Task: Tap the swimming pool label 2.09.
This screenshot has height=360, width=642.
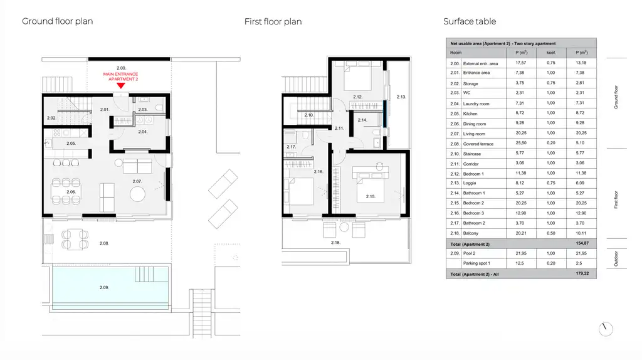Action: pos(104,287)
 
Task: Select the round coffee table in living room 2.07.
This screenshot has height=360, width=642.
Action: pos(137,194)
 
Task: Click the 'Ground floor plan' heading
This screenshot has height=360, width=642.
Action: pos(58,21)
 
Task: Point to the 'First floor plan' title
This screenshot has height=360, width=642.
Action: pos(273,22)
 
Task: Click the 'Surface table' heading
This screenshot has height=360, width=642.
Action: pos(470,21)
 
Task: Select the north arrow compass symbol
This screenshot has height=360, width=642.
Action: pos(605,329)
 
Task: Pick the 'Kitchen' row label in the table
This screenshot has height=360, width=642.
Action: pos(470,114)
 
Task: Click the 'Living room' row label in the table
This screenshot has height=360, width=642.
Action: pos(474,134)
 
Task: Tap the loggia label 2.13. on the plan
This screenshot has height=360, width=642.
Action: pos(402,97)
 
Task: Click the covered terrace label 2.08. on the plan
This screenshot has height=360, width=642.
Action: pos(104,243)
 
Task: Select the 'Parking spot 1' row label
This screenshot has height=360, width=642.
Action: pos(476,263)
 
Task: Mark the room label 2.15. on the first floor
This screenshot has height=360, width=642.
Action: pos(371,196)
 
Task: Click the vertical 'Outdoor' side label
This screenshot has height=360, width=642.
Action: pos(616,259)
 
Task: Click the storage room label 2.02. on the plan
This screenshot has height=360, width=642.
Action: pos(51,118)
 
